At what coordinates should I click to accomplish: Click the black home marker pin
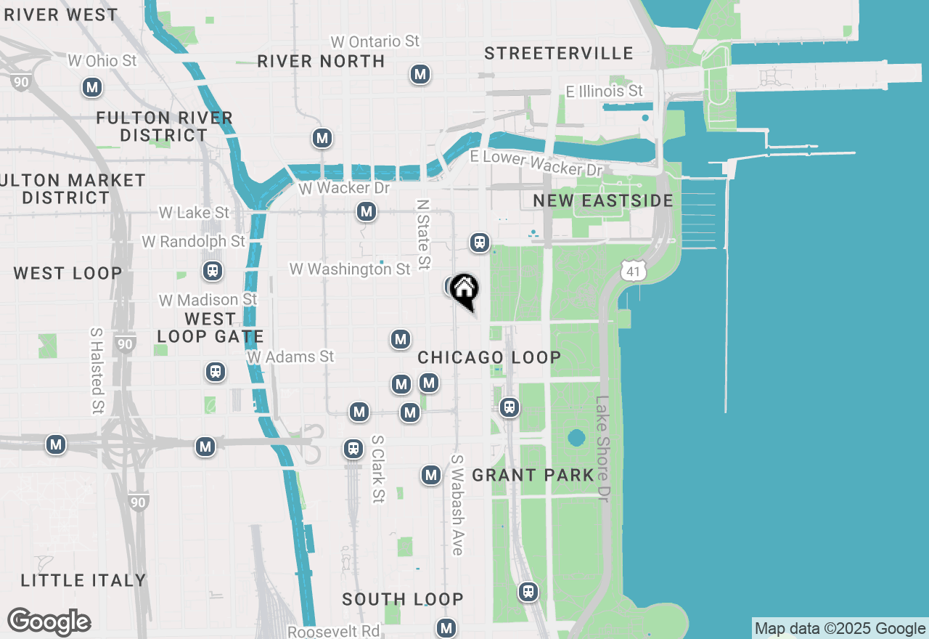464,290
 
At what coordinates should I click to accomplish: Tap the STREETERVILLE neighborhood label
559,53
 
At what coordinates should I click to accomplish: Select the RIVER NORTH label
321,61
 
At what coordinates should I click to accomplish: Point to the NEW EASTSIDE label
603,200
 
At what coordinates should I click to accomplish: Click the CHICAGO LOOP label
489,357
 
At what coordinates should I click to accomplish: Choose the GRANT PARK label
533,476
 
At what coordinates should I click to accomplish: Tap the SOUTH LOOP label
403,599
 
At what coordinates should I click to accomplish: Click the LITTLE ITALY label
83,580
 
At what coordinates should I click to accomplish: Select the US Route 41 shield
633,271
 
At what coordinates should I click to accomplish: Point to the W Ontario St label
375,41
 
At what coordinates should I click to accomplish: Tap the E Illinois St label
605,91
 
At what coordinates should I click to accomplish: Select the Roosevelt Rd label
334,631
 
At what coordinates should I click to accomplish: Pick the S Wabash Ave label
457,505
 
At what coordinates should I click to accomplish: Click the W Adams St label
290,357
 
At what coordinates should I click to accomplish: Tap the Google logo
49,622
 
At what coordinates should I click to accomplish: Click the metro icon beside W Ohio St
91,88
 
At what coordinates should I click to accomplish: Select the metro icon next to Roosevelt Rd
446,627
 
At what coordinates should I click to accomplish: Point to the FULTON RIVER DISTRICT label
165,126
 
